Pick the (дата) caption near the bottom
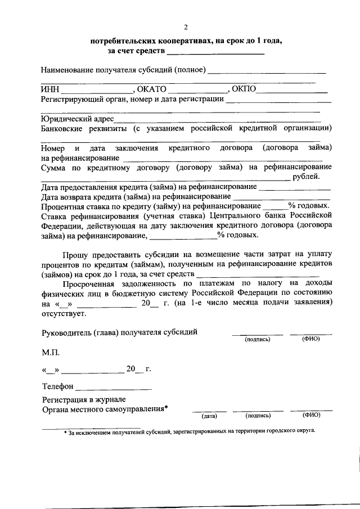209,416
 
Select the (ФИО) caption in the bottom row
310,415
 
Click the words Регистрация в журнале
79,399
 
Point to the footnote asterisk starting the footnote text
65,431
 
